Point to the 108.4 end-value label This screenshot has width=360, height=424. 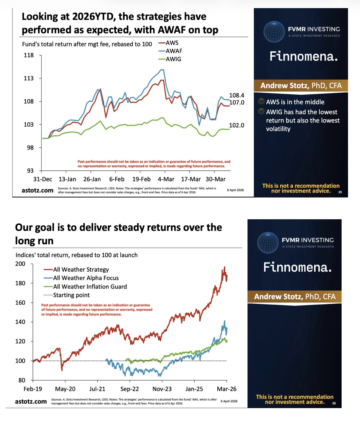coord(237,95)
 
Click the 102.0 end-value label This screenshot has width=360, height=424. coord(237,125)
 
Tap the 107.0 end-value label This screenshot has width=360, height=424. coord(237,102)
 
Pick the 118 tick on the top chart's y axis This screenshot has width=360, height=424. coord(29,55)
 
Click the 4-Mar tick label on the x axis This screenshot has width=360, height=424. coord(166,179)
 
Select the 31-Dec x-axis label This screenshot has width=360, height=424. coord(43,179)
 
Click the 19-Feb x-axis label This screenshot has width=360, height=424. coord(141,179)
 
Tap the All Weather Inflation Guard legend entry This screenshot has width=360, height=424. coord(90,286)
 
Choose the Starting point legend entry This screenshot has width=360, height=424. coord(71,295)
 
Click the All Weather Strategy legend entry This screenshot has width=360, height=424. coord(81,269)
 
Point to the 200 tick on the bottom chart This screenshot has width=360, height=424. coord(20,264)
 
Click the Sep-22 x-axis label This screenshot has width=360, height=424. coord(130,389)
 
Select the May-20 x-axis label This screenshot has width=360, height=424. coord(65,389)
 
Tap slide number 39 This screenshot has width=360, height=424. coord(340,192)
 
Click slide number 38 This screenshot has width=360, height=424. coord(334,403)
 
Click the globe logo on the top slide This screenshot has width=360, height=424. coord(274,32)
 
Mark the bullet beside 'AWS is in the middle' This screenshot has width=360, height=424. coord(261,102)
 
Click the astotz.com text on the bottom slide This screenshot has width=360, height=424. coord(31,401)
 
